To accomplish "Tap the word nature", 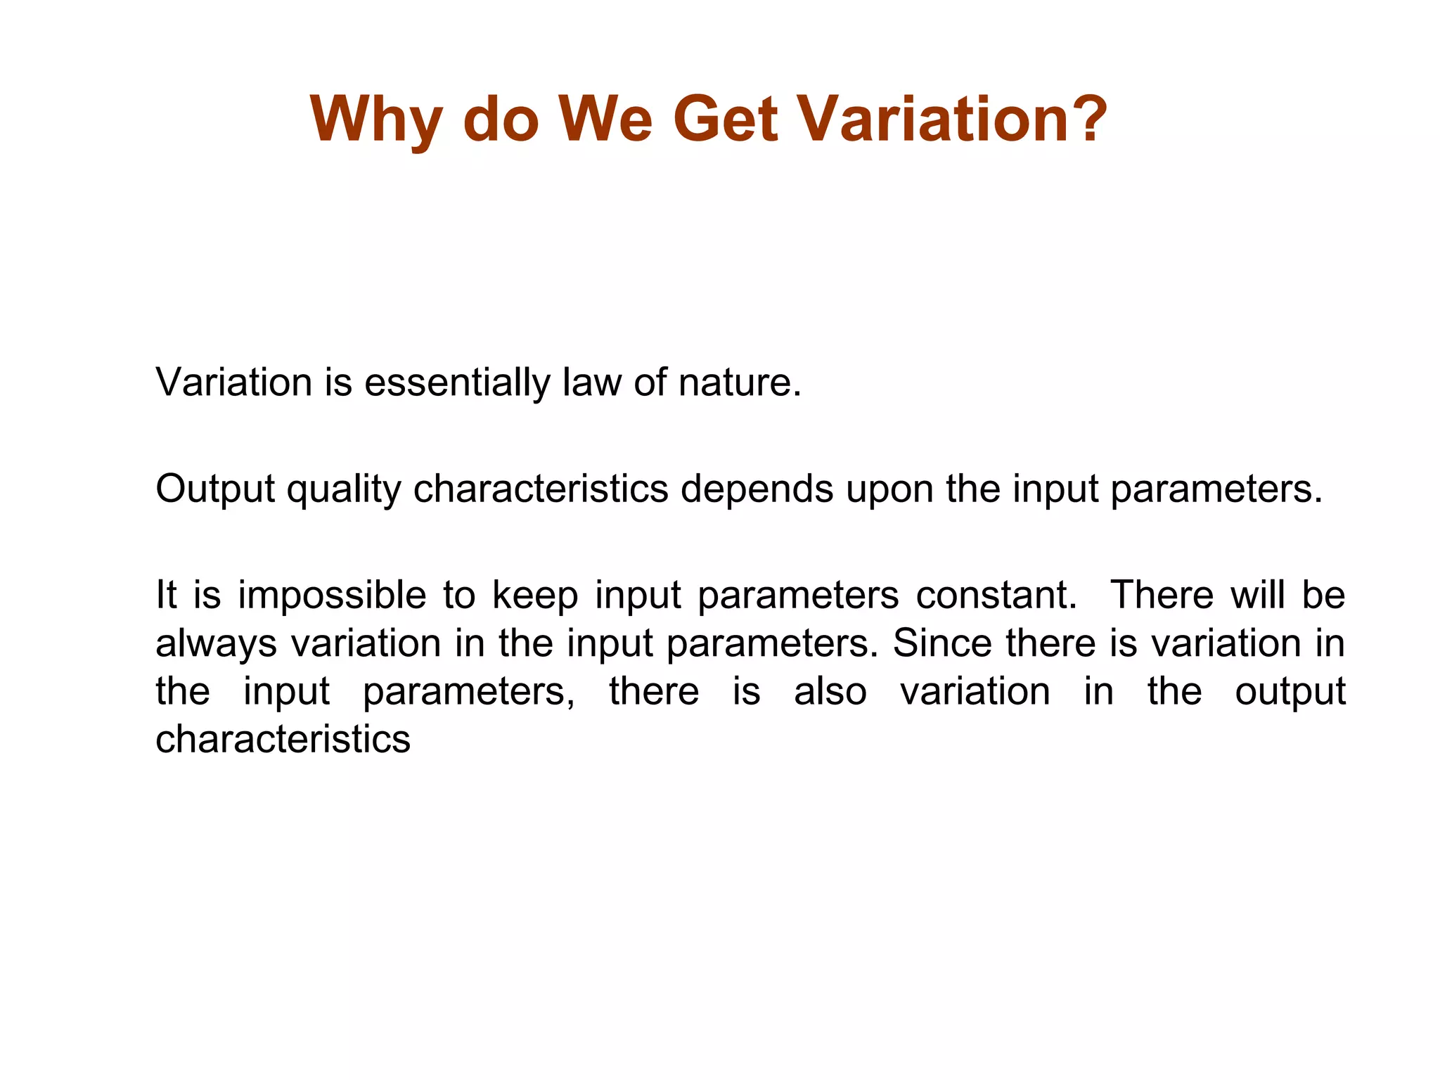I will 738,383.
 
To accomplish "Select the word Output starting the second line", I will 215,489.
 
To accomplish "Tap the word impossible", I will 332,596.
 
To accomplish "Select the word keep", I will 534,596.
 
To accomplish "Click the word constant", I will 996,595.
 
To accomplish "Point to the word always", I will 216,644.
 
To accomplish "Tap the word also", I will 830,691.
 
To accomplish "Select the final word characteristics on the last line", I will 283,740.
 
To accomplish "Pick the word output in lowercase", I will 1290,693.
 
